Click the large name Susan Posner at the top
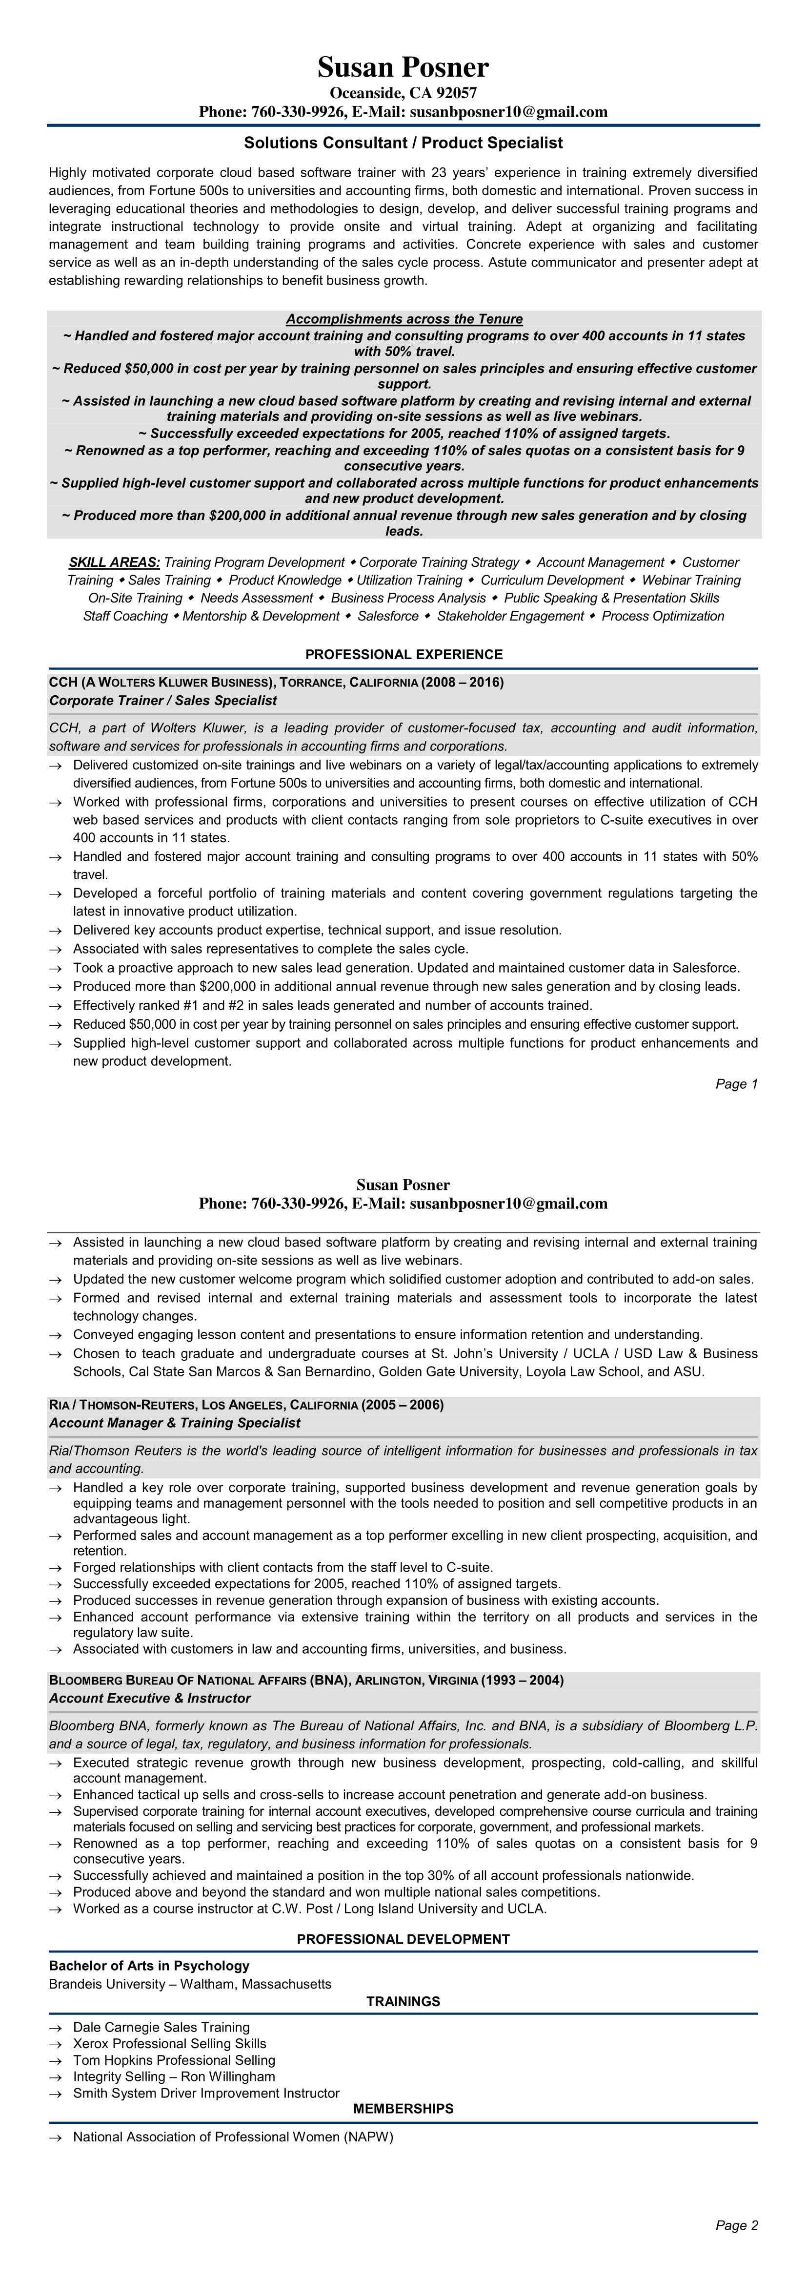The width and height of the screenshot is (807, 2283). (x=403, y=68)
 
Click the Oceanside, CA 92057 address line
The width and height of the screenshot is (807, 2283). (x=403, y=93)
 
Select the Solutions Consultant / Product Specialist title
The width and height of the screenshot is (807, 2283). (x=403, y=143)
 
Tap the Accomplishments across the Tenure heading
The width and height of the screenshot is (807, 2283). (x=404, y=319)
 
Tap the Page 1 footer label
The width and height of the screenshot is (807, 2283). (x=736, y=1084)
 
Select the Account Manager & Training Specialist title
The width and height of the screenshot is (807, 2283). (x=175, y=1423)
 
